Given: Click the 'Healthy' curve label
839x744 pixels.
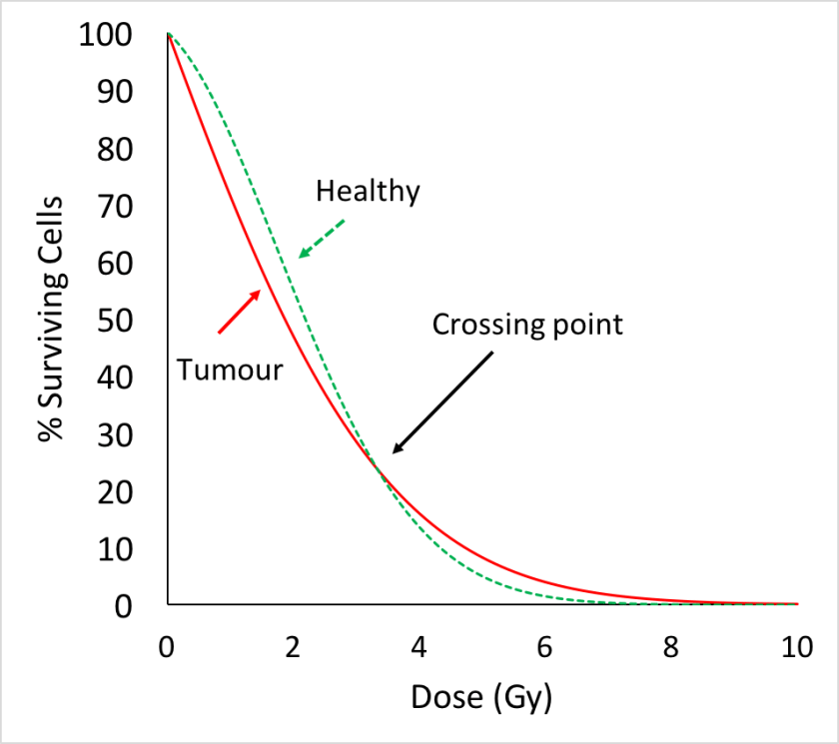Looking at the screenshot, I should pos(368,191).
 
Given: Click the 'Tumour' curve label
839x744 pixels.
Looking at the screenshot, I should pos(230,371).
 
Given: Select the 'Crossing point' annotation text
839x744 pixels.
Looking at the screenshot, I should pos(526,325).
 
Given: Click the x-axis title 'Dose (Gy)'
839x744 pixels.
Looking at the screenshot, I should pos(481,698).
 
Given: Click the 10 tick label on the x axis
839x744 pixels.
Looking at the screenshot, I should pos(796,646).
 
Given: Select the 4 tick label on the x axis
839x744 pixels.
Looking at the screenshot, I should pos(419,646).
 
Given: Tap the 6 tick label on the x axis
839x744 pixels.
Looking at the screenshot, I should pos(545,646).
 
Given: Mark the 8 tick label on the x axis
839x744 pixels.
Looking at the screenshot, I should pos(671,646).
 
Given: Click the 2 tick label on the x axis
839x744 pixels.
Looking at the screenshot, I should pos(294,646).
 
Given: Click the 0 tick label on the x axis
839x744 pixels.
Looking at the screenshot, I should pos(168,646).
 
